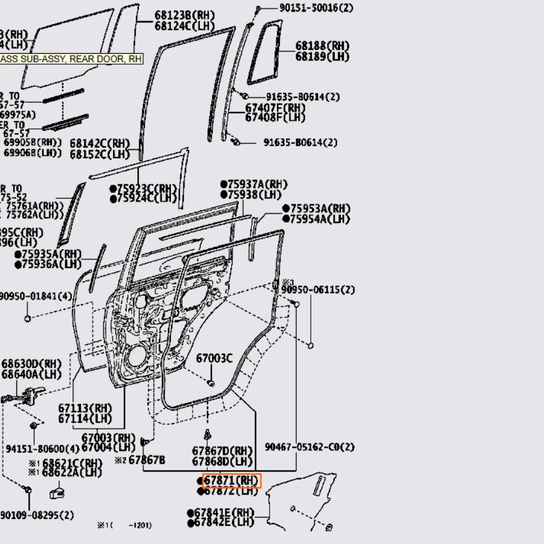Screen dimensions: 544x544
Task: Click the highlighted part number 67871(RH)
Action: coord(231,481)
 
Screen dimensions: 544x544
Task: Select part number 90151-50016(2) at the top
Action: coord(308,8)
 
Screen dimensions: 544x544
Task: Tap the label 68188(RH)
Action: coord(322,46)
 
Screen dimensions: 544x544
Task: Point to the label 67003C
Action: coord(214,358)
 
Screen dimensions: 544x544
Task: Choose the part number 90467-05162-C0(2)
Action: coord(309,447)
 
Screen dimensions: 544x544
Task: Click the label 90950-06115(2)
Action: coord(319,290)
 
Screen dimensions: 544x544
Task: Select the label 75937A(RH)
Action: coord(256,184)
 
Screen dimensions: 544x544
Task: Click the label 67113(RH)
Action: coord(85,408)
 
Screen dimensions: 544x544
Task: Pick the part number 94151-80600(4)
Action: coord(42,449)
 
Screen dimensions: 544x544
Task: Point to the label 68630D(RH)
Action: coord(31,364)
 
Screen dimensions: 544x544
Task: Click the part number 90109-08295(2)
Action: coord(37,515)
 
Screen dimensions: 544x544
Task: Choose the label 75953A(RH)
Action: coord(319,209)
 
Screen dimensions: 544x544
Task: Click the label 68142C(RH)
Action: coord(100,143)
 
